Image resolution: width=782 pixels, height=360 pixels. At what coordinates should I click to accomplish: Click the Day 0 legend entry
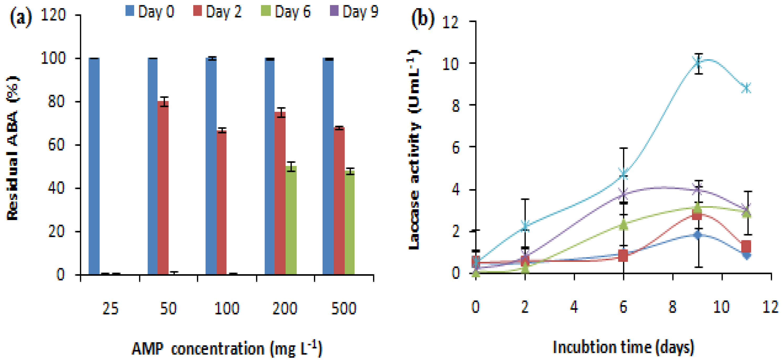tap(150, 12)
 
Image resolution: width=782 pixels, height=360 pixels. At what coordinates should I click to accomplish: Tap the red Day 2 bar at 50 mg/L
tap(163, 188)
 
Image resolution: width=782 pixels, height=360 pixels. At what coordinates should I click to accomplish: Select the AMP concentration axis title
tap(227, 348)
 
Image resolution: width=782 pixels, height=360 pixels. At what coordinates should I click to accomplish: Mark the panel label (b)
tap(423, 19)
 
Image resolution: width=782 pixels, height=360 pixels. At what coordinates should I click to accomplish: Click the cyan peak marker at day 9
tap(698, 63)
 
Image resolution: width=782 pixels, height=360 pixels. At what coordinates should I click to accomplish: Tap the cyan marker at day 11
tap(747, 88)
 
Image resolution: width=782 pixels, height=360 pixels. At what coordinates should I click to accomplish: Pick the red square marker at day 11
tap(747, 247)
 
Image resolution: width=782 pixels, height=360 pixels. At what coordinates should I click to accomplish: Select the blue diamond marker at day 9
tap(698, 235)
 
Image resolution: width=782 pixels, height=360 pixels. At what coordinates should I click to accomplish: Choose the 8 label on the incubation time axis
tap(673, 307)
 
